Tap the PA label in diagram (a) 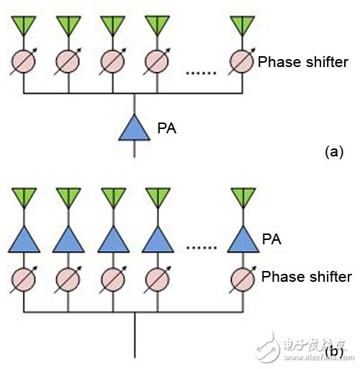point(167,128)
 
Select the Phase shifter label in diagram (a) point(303,62)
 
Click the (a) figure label point(334,152)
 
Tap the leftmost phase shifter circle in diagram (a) point(23,61)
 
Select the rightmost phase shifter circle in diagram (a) point(242,61)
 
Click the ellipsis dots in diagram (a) point(201,73)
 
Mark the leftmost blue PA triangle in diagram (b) point(24,239)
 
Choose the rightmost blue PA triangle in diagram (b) point(243,239)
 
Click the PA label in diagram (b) point(271,239)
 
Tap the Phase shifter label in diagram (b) point(307,277)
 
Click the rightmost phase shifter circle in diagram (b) point(243,280)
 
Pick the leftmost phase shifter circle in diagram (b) point(24,280)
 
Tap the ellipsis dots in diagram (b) point(202,247)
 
